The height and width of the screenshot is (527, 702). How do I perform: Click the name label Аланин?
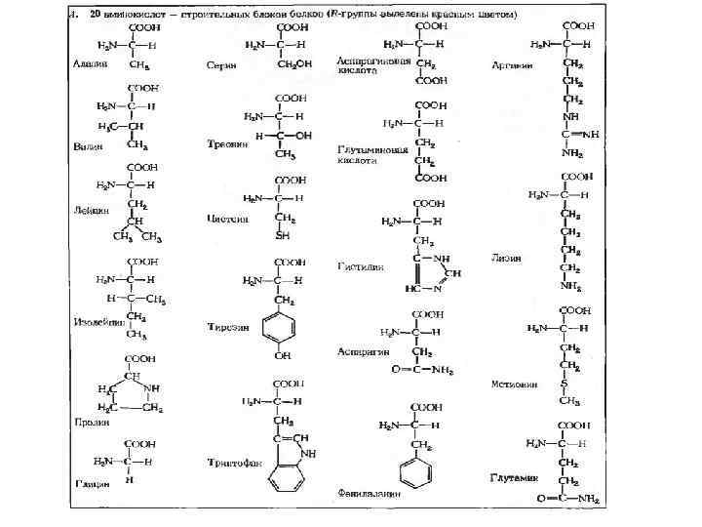[89, 63]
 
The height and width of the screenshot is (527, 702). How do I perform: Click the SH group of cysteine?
[283, 235]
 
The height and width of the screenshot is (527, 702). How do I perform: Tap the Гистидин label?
[361, 265]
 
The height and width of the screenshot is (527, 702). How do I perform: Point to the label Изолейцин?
[96, 321]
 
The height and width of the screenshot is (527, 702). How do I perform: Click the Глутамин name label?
[514, 478]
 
